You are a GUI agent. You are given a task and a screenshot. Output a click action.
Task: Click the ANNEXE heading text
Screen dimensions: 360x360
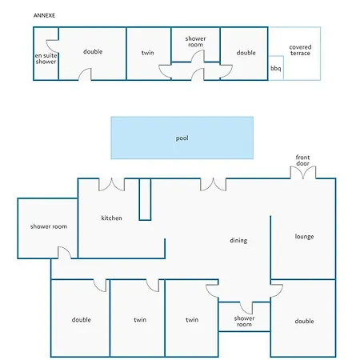[44, 15]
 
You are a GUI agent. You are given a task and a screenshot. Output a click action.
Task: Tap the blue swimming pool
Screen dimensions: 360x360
[182, 138]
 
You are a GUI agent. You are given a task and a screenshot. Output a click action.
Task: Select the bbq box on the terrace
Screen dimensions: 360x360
[276, 68]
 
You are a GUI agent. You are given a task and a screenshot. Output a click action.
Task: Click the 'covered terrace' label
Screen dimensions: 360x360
[300, 50]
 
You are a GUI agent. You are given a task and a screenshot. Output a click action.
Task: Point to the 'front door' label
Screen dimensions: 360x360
[302, 160]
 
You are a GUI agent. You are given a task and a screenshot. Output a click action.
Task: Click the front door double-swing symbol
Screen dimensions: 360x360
[303, 172]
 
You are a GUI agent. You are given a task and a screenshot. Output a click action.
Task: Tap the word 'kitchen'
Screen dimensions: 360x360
[111, 218]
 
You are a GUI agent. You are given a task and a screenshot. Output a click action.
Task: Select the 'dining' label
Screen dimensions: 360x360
[238, 241]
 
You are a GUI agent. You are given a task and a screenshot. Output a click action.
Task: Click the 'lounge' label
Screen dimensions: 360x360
[304, 237]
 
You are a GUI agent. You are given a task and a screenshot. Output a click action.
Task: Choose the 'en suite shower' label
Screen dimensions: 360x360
[46, 58]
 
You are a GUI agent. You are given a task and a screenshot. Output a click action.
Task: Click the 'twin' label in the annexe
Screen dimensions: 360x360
[147, 53]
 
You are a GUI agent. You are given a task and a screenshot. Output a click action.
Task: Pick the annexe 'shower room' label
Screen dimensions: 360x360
[195, 42]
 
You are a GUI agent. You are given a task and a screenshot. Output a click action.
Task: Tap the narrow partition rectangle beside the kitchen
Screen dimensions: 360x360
[145, 199]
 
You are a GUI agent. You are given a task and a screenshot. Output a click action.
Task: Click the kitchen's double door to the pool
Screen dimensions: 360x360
[112, 185]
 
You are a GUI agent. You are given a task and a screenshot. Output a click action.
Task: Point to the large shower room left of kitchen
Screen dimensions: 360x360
[48, 228]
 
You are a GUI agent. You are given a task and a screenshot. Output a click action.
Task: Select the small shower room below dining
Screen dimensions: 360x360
[244, 317]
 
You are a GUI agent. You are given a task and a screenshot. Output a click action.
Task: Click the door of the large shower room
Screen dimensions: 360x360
[65, 253]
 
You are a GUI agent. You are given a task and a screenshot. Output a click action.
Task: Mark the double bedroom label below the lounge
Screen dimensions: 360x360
[304, 321]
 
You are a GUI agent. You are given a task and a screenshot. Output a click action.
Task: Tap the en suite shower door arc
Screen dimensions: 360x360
[53, 46]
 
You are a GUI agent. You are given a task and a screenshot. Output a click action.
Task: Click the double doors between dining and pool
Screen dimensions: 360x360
[214, 185]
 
